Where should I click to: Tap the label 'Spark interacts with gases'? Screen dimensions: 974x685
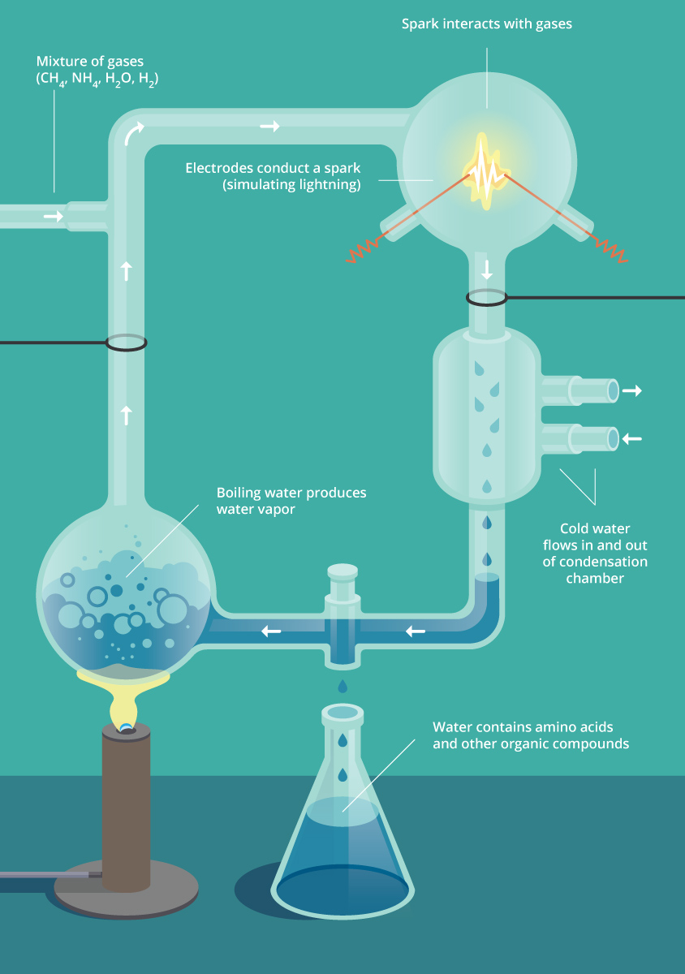(486, 24)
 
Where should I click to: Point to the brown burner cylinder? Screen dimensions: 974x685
(126, 804)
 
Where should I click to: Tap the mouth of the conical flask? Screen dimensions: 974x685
(342, 713)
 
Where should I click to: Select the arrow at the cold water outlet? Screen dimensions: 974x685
(632, 391)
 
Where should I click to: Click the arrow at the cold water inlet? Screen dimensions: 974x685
(632, 439)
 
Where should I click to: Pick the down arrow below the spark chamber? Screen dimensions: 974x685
(487, 269)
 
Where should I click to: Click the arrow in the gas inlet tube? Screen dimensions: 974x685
(53, 217)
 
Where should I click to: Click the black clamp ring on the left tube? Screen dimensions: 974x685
(126, 343)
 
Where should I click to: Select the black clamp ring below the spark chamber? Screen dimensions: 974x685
(487, 298)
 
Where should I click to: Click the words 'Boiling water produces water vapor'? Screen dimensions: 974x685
(291, 501)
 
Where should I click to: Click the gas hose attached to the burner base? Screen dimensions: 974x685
(49, 875)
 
